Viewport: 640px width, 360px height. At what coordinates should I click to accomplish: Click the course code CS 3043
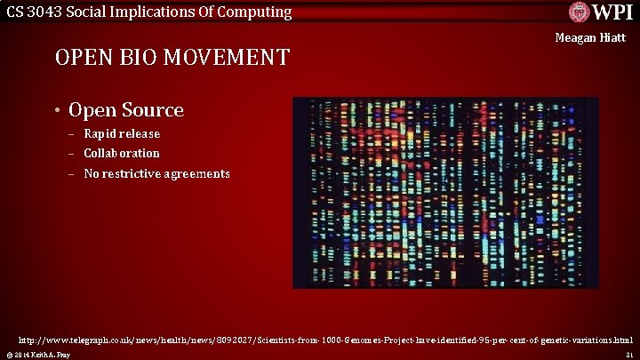point(35,12)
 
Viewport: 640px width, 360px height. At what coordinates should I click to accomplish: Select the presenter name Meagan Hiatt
point(590,38)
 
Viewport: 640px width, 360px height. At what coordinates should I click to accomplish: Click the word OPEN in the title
point(85,58)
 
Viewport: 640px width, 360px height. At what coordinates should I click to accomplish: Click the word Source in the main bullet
point(151,110)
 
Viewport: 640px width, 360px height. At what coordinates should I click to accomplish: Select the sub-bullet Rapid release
point(122,133)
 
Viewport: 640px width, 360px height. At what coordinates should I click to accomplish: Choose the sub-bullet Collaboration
point(122,153)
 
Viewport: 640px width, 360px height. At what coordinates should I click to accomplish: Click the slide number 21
point(628,355)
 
